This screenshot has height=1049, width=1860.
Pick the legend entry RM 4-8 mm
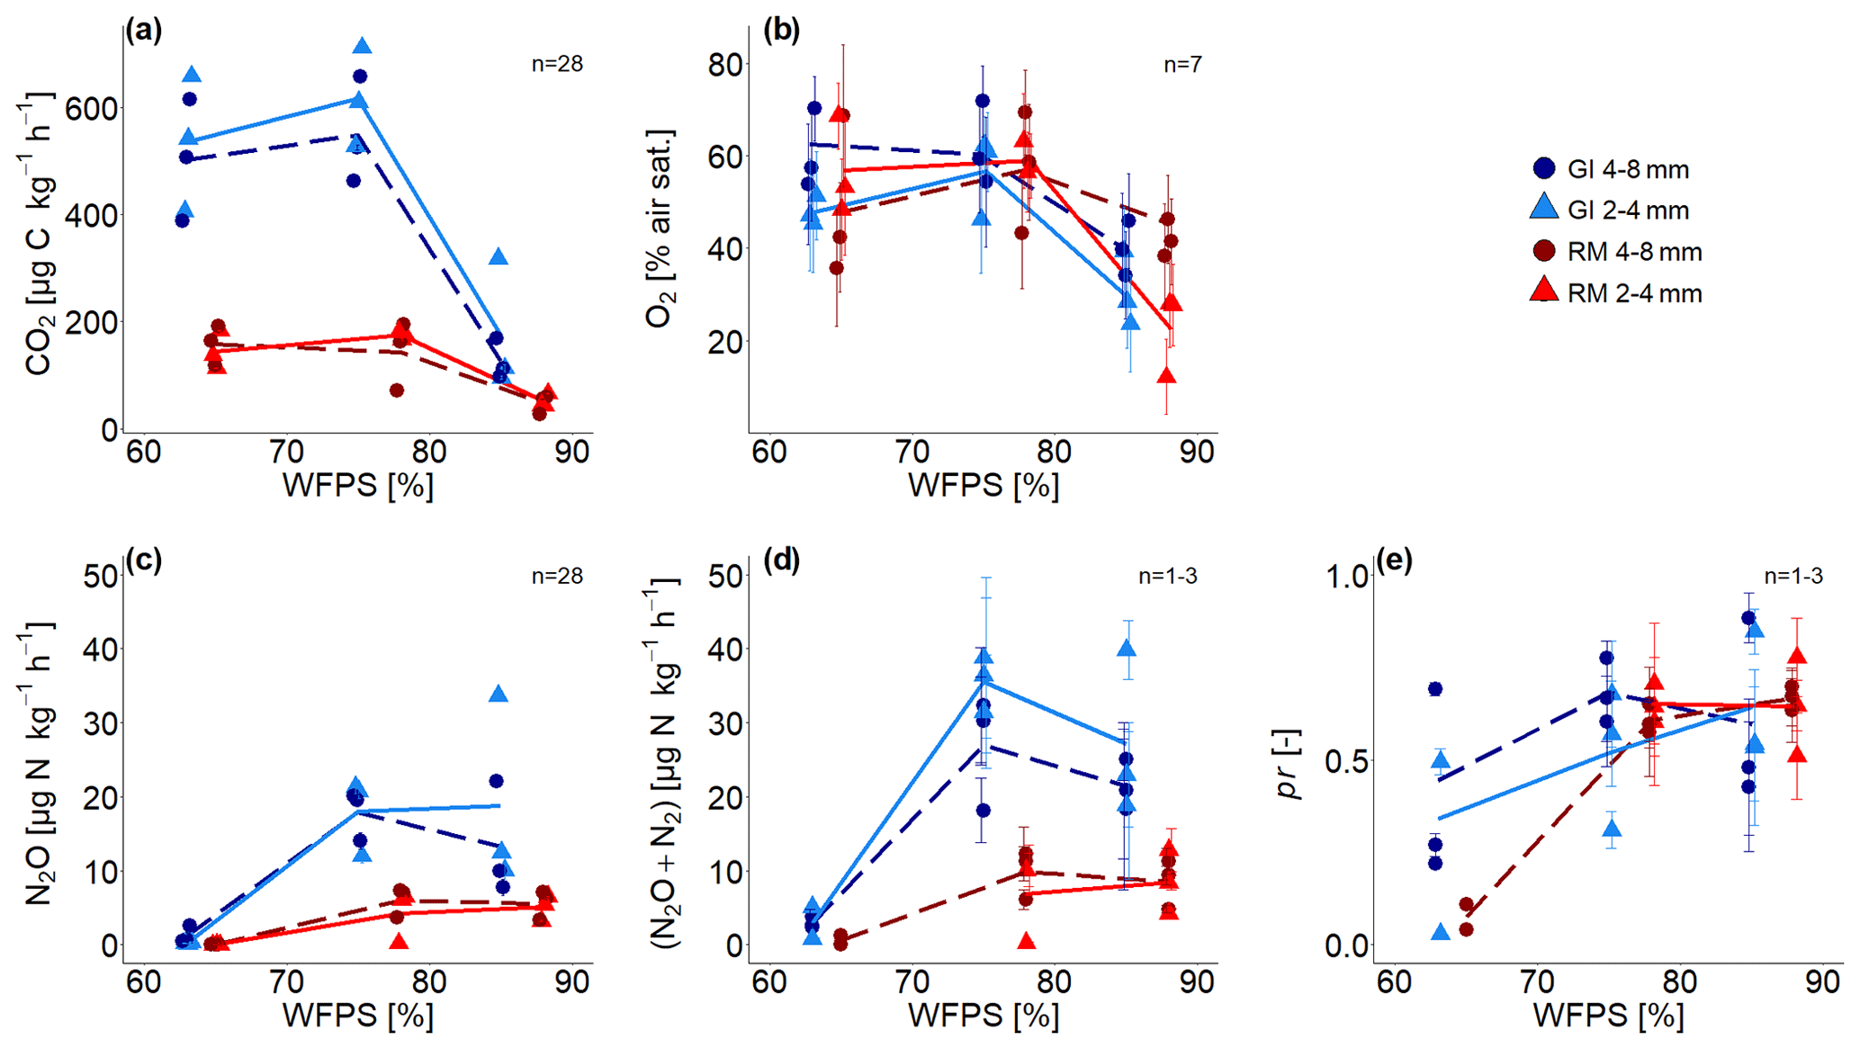click(x=1616, y=252)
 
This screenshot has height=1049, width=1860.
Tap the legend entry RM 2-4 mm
click(x=1616, y=293)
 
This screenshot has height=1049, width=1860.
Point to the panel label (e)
click(x=1394, y=560)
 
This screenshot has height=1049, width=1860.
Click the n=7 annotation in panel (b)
click(x=1182, y=64)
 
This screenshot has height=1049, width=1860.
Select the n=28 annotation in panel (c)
click(x=557, y=576)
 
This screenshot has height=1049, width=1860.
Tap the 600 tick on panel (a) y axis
click(x=92, y=109)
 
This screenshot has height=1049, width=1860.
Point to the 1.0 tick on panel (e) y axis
click(x=1347, y=577)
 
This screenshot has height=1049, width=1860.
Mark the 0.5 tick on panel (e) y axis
click(x=1347, y=761)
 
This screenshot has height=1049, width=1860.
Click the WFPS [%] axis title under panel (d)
click(x=983, y=1016)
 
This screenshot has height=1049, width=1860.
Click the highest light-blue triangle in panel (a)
click(x=362, y=46)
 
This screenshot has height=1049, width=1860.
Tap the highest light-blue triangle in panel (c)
click(x=499, y=694)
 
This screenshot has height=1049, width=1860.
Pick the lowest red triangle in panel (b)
click(x=1167, y=376)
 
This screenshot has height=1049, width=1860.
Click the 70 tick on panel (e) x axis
click(x=1537, y=981)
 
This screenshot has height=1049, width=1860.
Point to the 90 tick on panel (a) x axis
click(x=571, y=451)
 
